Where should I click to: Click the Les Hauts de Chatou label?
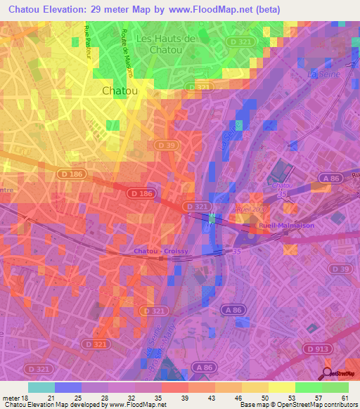coord(167,44)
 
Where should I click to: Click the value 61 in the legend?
coord(345,398)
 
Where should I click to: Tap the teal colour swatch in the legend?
coord(41,387)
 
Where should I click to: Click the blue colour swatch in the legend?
coord(68,387)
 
